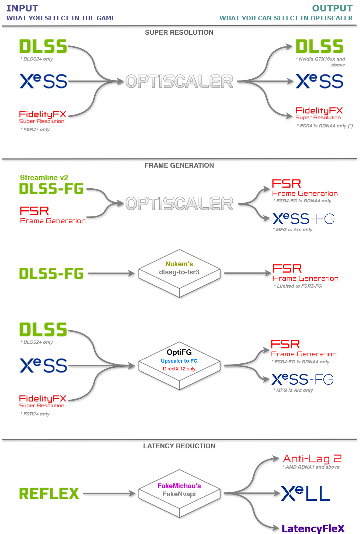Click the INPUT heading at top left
click(x=23, y=8)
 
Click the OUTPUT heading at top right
click(x=332, y=8)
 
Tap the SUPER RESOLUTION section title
click(x=179, y=32)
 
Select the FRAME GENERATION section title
click(x=179, y=165)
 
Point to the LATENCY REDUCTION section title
click(x=179, y=446)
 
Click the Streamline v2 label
click(x=44, y=178)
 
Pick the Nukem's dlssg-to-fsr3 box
click(x=179, y=273)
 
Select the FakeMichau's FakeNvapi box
click(x=179, y=493)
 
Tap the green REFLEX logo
click(x=49, y=493)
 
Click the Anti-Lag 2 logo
click(x=312, y=459)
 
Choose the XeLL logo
click(x=306, y=493)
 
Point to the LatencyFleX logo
click(x=313, y=528)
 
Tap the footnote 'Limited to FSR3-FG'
click(x=298, y=286)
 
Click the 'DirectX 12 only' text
click(x=179, y=369)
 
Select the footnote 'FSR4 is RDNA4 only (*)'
click(x=325, y=126)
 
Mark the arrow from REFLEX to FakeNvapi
click(x=109, y=493)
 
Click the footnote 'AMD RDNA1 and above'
click(x=311, y=467)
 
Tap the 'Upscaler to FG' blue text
click(x=179, y=361)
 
